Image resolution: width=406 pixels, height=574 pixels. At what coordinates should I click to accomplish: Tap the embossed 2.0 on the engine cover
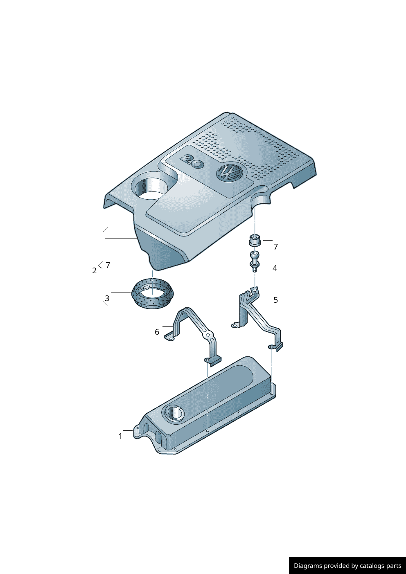pyautogui.click(x=192, y=161)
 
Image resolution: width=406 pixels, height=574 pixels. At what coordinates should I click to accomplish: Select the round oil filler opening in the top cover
pyautogui.click(x=149, y=188)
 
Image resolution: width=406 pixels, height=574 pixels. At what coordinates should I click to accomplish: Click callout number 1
pyautogui.click(x=120, y=436)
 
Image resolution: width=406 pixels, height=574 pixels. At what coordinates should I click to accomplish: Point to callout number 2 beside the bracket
pyautogui.click(x=94, y=270)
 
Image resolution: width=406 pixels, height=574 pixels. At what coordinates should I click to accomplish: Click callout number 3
pyautogui.click(x=107, y=298)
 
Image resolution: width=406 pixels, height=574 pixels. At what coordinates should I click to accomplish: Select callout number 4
pyautogui.click(x=275, y=268)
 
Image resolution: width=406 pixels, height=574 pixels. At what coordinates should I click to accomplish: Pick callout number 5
pyautogui.click(x=275, y=300)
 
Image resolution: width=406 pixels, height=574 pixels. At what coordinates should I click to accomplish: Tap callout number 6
pyautogui.click(x=157, y=332)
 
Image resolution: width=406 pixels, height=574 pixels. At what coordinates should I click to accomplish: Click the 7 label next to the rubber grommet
pyautogui.click(x=275, y=247)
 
